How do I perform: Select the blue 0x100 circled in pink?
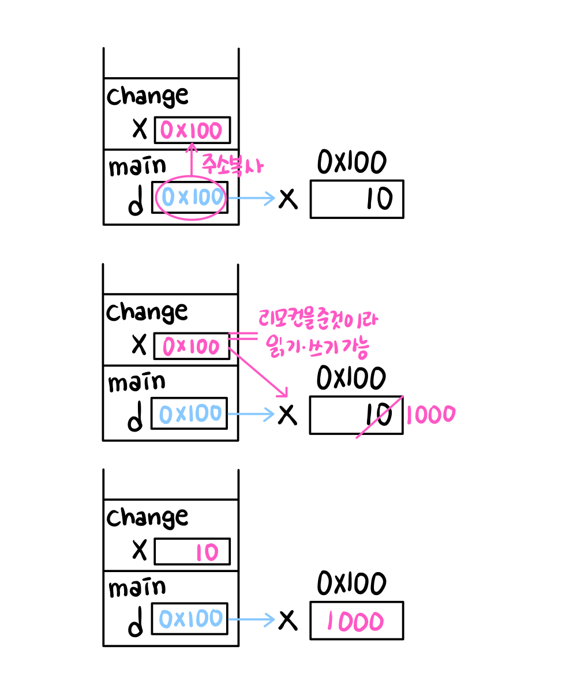pyautogui.click(x=192, y=198)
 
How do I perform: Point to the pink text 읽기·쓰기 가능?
pyautogui.click(x=318, y=346)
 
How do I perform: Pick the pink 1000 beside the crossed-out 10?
pyautogui.click(x=430, y=414)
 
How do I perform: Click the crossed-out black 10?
pyautogui.click(x=379, y=414)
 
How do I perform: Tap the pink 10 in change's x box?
pyautogui.click(x=206, y=553)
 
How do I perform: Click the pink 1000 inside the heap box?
pyautogui.click(x=355, y=622)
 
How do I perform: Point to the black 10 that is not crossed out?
pyautogui.click(x=379, y=199)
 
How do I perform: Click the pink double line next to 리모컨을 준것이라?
pyautogui.click(x=242, y=337)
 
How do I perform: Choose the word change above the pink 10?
pyautogui.click(x=147, y=517)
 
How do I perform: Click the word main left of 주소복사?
pyautogui.click(x=137, y=167)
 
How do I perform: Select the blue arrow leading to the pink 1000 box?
pyautogui.click(x=252, y=619)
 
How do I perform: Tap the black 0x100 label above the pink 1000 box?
pyautogui.click(x=351, y=584)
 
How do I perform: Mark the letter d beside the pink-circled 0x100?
pyautogui.click(x=136, y=203)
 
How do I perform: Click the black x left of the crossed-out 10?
pyautogui.click(x=287, y=414)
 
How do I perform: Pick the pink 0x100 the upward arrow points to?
pyautogui.click(x=192, y=131)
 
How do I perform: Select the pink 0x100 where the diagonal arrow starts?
pyautogui.click(x=192, y=347)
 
